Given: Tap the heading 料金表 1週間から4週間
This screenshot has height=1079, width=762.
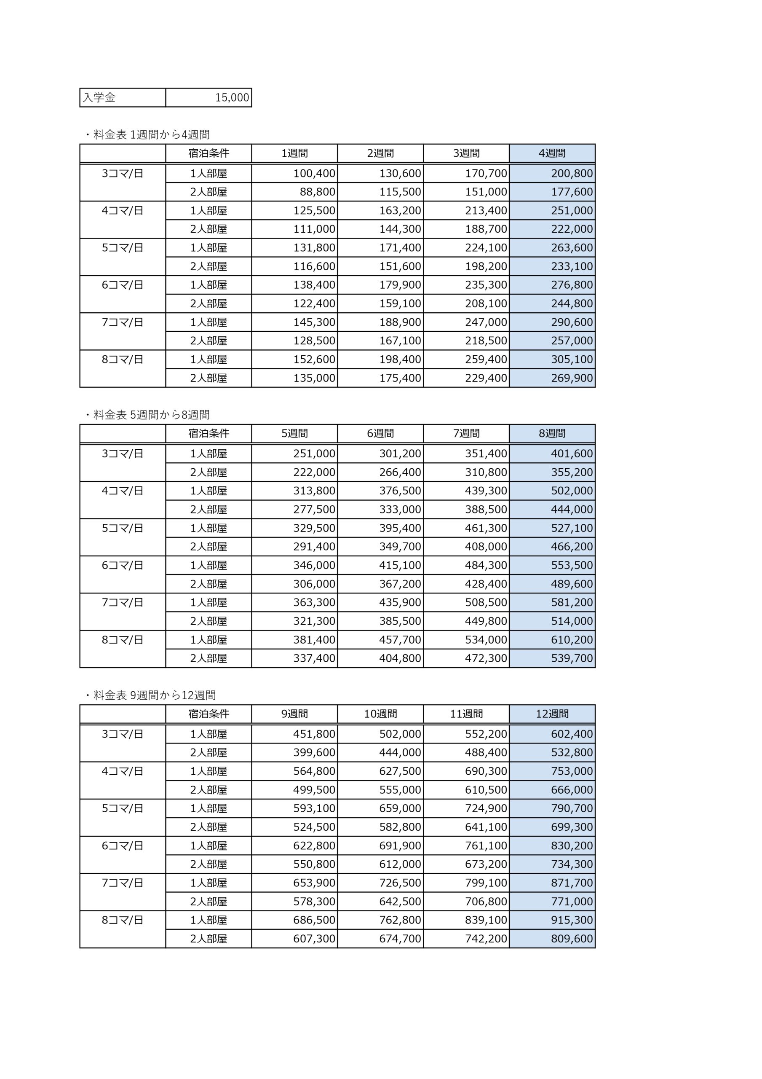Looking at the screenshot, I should point(151,135).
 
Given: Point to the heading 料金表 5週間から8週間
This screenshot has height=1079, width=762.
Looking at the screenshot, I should point(151,415).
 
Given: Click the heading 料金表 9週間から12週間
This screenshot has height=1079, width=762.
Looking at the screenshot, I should point(154,695).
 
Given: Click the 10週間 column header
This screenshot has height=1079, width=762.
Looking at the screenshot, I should point(380,714).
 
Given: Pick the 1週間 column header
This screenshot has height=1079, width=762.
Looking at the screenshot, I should point(294,153).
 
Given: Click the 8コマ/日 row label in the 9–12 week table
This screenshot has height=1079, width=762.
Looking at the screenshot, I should point(123,920).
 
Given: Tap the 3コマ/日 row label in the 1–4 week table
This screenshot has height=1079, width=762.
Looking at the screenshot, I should point(123,173).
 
